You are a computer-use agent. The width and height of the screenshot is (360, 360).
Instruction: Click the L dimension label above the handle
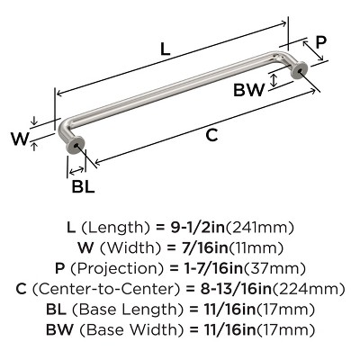click(x=166, y=49)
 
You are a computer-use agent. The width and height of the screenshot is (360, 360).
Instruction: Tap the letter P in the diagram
click(x=320, y=43)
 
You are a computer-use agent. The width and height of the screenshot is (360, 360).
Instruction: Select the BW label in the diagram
click(x=249, y=89)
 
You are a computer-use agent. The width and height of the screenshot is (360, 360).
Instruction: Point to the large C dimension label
click(x=211, y=135)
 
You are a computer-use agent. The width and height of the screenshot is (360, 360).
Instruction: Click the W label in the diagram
click(x=21, y=139)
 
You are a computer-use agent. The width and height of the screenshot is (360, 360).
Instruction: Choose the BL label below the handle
click(x=83, y=186)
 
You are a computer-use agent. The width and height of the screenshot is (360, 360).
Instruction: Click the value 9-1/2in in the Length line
click(x=198, y=228)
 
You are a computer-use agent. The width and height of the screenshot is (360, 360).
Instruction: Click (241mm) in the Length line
click(x=260, y=228)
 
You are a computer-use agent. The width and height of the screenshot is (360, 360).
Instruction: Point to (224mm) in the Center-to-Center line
click(x=309, y=289)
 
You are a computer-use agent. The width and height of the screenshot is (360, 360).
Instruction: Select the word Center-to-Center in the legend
click(x=106, y=289)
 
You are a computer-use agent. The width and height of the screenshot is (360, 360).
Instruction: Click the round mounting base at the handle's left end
click(x=75, y=145)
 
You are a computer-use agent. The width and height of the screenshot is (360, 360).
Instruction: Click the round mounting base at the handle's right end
click(x=301, y=71)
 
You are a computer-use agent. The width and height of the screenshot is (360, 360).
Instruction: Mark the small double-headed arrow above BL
click(x=76, y=171)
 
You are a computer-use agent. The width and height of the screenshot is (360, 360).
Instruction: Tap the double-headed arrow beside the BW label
click(x=274, y=81)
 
